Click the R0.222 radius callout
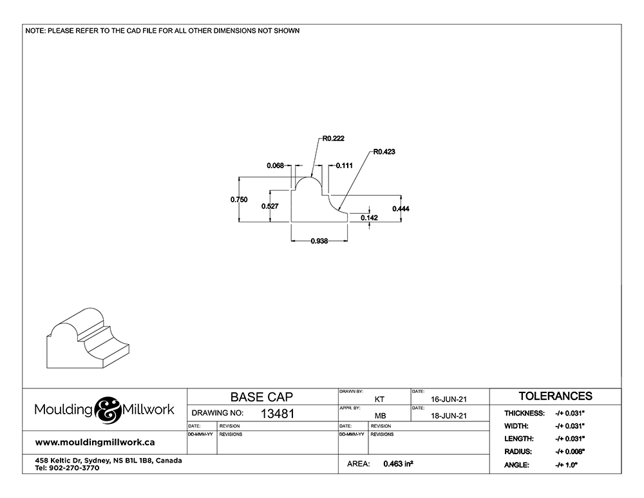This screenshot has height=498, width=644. click(x=333, y=139)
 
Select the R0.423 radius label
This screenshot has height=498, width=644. click(x=384, y=151)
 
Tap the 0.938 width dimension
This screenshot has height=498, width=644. click(x=319, y=241)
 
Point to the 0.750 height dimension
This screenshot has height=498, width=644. click(x=239, y=200)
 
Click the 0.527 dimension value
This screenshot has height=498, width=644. click(x=270, y=206)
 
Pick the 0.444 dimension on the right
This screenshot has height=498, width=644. click(x=401, y=209)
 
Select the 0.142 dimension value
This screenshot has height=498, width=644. click(x=369, y=218)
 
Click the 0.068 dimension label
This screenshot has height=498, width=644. click(x=275, y=166)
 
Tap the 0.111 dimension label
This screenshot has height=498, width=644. click(x=344, y=166)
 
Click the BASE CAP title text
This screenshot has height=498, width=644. click(x=261, y=397)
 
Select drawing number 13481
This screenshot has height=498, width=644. click(x=278, y=414)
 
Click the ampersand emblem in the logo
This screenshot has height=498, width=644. click(x=107, y=410)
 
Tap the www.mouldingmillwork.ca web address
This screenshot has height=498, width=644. click(x=95, y=443)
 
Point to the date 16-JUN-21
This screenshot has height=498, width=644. click(x=448, y=399)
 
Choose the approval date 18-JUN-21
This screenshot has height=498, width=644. click(x=448, y=416)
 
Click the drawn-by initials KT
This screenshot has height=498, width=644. click(x=379, y=399)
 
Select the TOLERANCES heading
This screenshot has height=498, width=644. click(x=555, y=396)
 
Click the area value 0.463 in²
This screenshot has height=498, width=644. click(x=398, y=464)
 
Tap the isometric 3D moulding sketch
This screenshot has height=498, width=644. click(x=88, y=338)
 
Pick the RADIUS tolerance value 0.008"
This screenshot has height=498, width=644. click(x=570, y=452)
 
